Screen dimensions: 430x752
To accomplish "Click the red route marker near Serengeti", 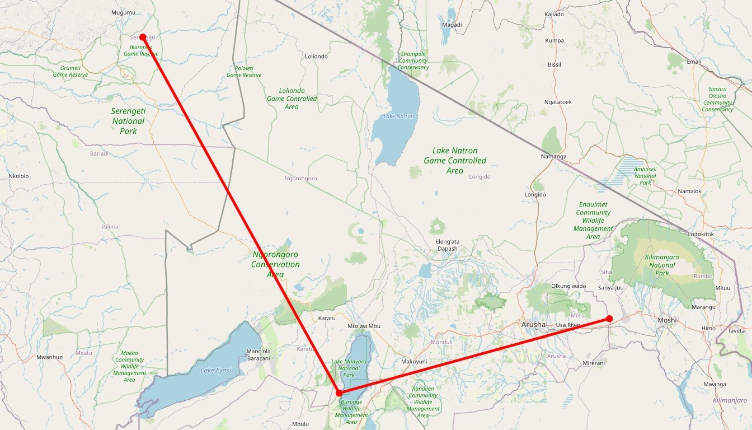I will pyautogui.click(x=143, y=37).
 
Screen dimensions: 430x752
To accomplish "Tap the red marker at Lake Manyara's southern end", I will pyautogui.click(x=339, y=393).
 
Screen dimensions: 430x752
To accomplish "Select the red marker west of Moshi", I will pyautogui.click(x=609, y=319).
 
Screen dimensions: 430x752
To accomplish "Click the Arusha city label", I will pyautogui.click(x=533, y=324).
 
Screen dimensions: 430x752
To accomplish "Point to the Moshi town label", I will pyautogui.click(x=667, y=320).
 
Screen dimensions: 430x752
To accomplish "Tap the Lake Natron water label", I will pyautogui.click(x=398, y=116).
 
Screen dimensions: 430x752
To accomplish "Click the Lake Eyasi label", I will pyautogui.click(x=215, y=371).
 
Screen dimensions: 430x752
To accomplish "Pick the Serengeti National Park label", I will pyautogui.click(x=128, y=121).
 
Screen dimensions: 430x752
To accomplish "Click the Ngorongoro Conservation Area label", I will pyautogui.click(x=275, y=264).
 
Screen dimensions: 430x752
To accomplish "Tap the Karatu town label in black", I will pyautogui.click(x=326, y=318).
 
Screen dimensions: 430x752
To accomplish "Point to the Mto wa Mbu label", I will pyautogui.click(x=364, y=326).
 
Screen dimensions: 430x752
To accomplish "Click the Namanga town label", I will pyautogui.click(x=554, y=156).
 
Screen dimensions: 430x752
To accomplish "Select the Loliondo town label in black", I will pyautogui.click(x=316, y=57).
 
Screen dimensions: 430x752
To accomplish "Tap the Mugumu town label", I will pyautogui.click(x=123, y=12).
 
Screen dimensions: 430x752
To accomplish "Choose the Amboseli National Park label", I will pyautogui.click(x=645, y=176).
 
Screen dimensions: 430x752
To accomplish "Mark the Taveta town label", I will pyautogui.click(x=736, y=331).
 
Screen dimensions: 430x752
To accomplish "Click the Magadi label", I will pyautogui.click(x=452, y=25).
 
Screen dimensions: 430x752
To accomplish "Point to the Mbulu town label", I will pyautogui.click(x=300, y=424).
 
